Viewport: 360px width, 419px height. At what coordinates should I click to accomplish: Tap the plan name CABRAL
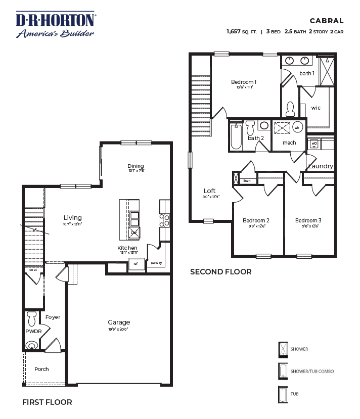pyautogui.click(x=327, y=21)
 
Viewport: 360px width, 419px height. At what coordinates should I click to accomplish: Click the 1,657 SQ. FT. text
pyautogui.click(x=242, y=31)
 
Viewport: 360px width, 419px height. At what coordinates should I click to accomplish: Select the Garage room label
pyautogui.click(x=119, y=322)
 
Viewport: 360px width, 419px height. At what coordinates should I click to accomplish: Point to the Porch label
pyautogui.click(x=41, y=369)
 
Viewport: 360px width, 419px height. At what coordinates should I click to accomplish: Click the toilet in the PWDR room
pyautogui.click(x=32, y=319)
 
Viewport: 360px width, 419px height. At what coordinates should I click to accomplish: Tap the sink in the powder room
pyautogui.click(x=32, y=346)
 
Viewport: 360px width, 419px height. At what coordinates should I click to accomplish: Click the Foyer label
pyautogui.click(x=53, y=317)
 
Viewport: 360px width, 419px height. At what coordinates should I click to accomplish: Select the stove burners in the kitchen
pyautogui.click(x=164, y=220)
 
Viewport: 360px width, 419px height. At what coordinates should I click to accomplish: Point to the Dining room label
pyautogui.click(x=136, y=166)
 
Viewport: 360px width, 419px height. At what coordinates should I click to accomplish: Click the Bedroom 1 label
pyautogui.click(x=244, y=82)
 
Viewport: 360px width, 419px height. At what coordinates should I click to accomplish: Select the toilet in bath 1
pyautogui.click(x=290, y=108)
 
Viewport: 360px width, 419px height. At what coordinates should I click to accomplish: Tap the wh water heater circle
pyautogui.click(x=297, y=127)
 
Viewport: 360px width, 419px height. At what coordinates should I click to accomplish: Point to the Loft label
pyautogui.click(x=210, y=191)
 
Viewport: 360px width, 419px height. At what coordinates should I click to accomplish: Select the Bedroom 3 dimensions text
pyautogui.click(x=308, y=226)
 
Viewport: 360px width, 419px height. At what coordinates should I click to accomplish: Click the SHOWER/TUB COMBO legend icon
pyautogui.click(x=283, y=371)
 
